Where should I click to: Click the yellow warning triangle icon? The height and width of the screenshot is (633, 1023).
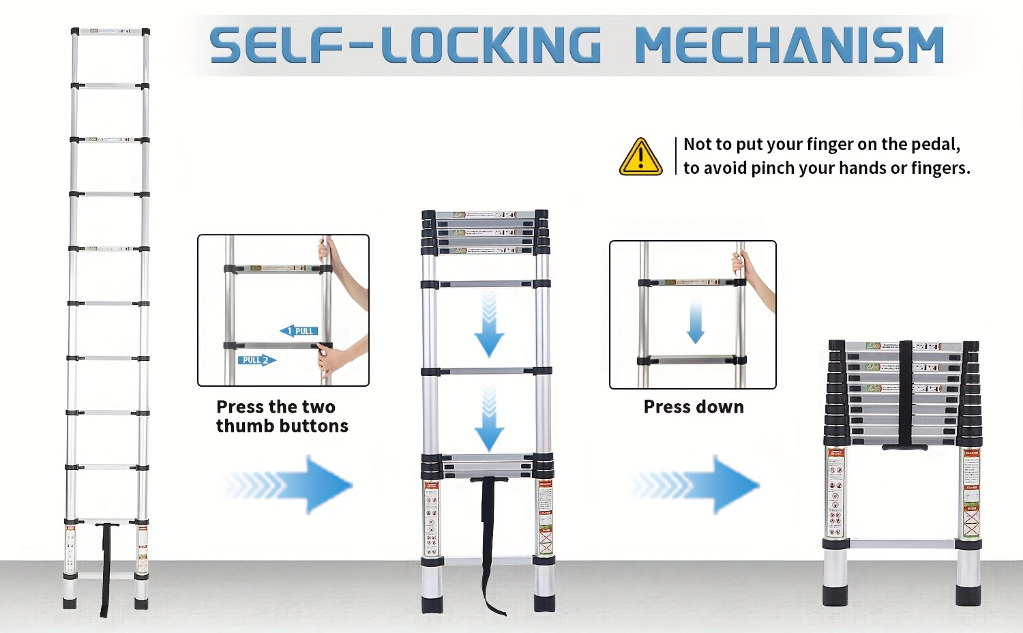pyautogui.click(x=640, y=158)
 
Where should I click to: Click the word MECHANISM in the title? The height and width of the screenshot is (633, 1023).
pyautogui.click(x=789, y=46)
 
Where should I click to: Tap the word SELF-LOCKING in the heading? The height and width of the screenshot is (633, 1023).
pyautogui.click(x=405, y=46)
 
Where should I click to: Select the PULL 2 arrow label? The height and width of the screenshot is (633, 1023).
pyautogui.click(x=256, y=359)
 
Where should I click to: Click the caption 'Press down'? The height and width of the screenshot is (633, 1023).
pyautogui.click(x=694, y=407)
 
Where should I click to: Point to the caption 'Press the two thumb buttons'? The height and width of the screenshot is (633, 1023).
pyautogui.click(x=282, y=416)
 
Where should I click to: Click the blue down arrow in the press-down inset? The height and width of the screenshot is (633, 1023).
pyautogui.click(x=695, y=321)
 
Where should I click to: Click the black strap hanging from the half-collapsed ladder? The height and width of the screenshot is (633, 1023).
pyautogui.click(x=490, y=539)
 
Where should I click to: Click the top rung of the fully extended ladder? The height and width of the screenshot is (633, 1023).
pyautogui.click(x=110, y=32)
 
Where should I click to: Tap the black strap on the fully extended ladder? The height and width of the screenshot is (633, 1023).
pyautogui.click(x=106, y=566)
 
